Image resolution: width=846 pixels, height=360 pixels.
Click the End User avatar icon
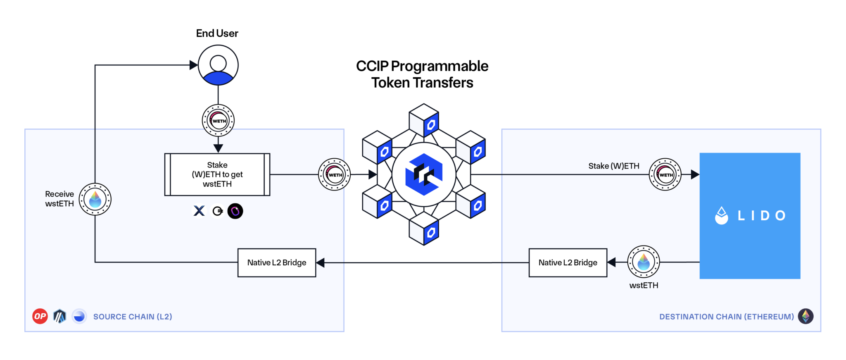point(218,65)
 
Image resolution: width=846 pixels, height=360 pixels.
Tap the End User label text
point(217,33)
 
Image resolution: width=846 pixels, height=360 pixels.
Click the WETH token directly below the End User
point(218,121)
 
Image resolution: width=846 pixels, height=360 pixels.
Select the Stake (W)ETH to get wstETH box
point(217,174)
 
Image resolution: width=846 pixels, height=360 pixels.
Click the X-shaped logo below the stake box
point(199,211)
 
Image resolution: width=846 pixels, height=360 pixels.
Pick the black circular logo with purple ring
point(235,211)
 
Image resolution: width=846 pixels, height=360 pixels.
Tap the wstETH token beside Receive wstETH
point(95,199)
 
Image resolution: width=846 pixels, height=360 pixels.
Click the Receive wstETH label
point(59,199)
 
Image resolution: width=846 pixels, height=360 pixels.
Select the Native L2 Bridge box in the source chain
point(277,263)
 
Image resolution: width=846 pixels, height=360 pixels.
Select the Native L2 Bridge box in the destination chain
point(568,263)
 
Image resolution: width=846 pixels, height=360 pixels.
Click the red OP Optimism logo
point(40,316)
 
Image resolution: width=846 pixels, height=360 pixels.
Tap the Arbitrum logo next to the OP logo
point(60,316)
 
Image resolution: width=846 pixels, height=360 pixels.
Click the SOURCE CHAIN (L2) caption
point(132,317)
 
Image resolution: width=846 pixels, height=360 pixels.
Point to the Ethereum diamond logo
point(806,316)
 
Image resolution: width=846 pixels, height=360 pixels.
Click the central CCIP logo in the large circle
point(423,174)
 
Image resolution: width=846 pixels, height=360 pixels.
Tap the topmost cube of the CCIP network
point(424,120)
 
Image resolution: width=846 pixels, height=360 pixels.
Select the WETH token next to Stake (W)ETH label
point(665,174)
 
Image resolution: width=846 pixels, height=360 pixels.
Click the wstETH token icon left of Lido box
point(643,262)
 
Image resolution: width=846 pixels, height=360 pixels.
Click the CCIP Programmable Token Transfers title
point(422,74)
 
